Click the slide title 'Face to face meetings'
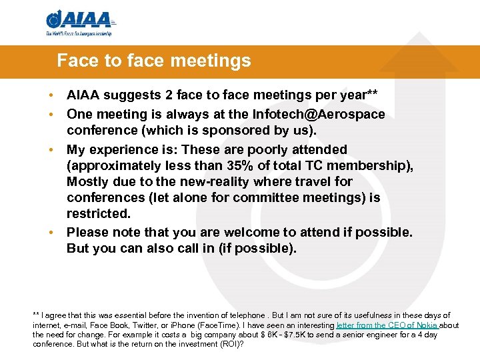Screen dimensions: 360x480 pyautogui.click(x=154, y=61)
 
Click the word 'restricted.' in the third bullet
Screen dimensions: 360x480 pyautogui.click(x=99, y=213)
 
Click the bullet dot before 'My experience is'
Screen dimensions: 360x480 pyautogui.click(x=51, y=149)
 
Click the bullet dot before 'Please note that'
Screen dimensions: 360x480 pyautogui.click(x=51, y=232)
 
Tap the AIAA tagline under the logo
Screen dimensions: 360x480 pyautogui.click(x=79, y=33)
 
